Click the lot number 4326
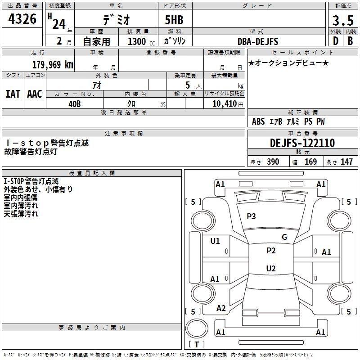click(22, 19)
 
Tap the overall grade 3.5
click(343, 20)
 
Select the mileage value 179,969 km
click(53, 64)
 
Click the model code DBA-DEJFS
click(258, 41)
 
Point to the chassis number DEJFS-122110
click(302, 143)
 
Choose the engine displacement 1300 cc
click(141, 41)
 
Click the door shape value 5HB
click(174, 20)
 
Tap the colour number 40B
click(75, 104)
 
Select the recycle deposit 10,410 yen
click(228, 104)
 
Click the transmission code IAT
click(13, 94)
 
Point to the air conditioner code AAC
click(35, 94)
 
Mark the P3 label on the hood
click(251, 216)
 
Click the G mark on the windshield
click(284, 237)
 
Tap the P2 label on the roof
click(271, 251)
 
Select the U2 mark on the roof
click(271, 268)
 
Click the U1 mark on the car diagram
click(215, 241)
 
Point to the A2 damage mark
click(221, 308)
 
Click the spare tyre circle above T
click(197, 328)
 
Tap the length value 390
click(273, 162)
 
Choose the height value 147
click(346, 162)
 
